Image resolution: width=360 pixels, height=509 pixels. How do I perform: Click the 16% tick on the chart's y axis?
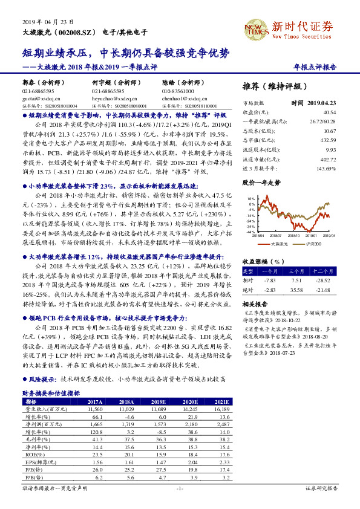pos(250,198)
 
